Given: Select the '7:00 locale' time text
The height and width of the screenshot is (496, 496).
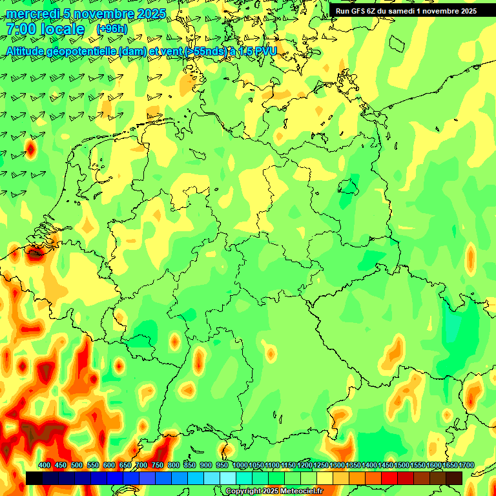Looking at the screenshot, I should click(x=45, y=30).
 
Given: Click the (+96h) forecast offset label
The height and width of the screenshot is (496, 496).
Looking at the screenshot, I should click(x=112, y=29).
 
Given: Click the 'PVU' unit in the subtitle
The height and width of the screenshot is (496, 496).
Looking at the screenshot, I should click(x=265, y=50).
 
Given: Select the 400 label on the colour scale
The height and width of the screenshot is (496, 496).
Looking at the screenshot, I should click(x=45, y=466).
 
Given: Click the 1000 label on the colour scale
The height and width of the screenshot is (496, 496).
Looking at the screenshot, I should click(x=240, y=466).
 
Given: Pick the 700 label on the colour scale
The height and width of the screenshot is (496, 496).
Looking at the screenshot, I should click(x=141, y=466).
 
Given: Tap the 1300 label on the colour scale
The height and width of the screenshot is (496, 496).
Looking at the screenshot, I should click(x=337, y=466).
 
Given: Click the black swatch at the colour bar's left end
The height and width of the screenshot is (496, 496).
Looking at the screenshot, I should click(x=34, y=478).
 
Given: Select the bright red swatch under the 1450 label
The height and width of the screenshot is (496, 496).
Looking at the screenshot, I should click(x=389, y=478).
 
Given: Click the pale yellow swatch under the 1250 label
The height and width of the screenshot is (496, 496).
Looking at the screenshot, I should click(x=325, y=478).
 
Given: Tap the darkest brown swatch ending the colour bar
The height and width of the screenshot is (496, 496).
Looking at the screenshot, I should click(x=454, y=478).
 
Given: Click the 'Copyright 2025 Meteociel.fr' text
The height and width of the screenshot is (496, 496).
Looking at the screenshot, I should click(x=274, y=491).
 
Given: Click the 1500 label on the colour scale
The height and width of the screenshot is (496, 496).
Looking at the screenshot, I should click(x=402, y=466).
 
